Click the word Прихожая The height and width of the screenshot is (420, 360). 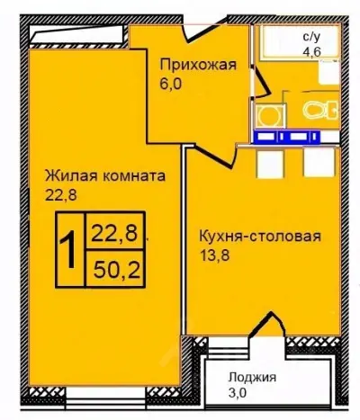tap(198, 64)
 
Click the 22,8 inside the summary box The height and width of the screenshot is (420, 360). tap(112, 236)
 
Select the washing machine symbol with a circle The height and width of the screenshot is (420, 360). tap(267, 114)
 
